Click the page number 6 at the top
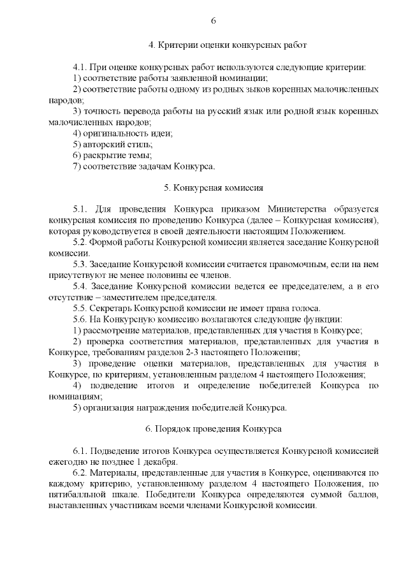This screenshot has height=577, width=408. click(213, 20)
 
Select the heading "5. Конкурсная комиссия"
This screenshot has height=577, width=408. click(213, 188)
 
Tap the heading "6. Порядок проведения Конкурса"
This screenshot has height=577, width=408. click(213, 428)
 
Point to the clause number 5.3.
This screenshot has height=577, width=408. click(81, 264)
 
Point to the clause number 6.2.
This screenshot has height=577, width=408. click(81, 473)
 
